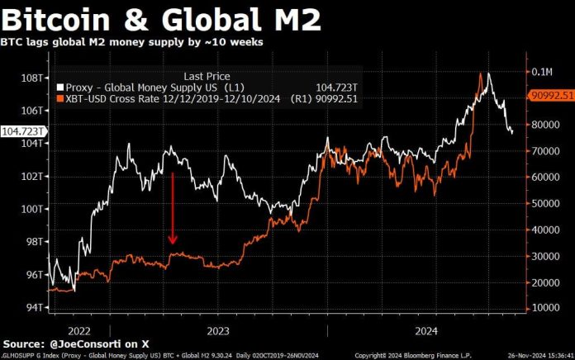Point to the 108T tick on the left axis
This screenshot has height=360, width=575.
(x=31, y=77)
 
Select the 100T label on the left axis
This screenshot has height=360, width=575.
(x=31, y=208)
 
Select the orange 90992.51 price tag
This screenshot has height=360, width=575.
(x=550, y=96)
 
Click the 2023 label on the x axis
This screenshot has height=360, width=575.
(x=217, y=330)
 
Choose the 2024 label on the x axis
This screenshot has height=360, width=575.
(x=425, y=330)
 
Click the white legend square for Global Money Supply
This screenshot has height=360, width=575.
(x=59, y=87)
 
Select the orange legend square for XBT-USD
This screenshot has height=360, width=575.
(x=59, y=99)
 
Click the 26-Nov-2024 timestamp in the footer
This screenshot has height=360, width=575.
(x=538, y=354)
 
